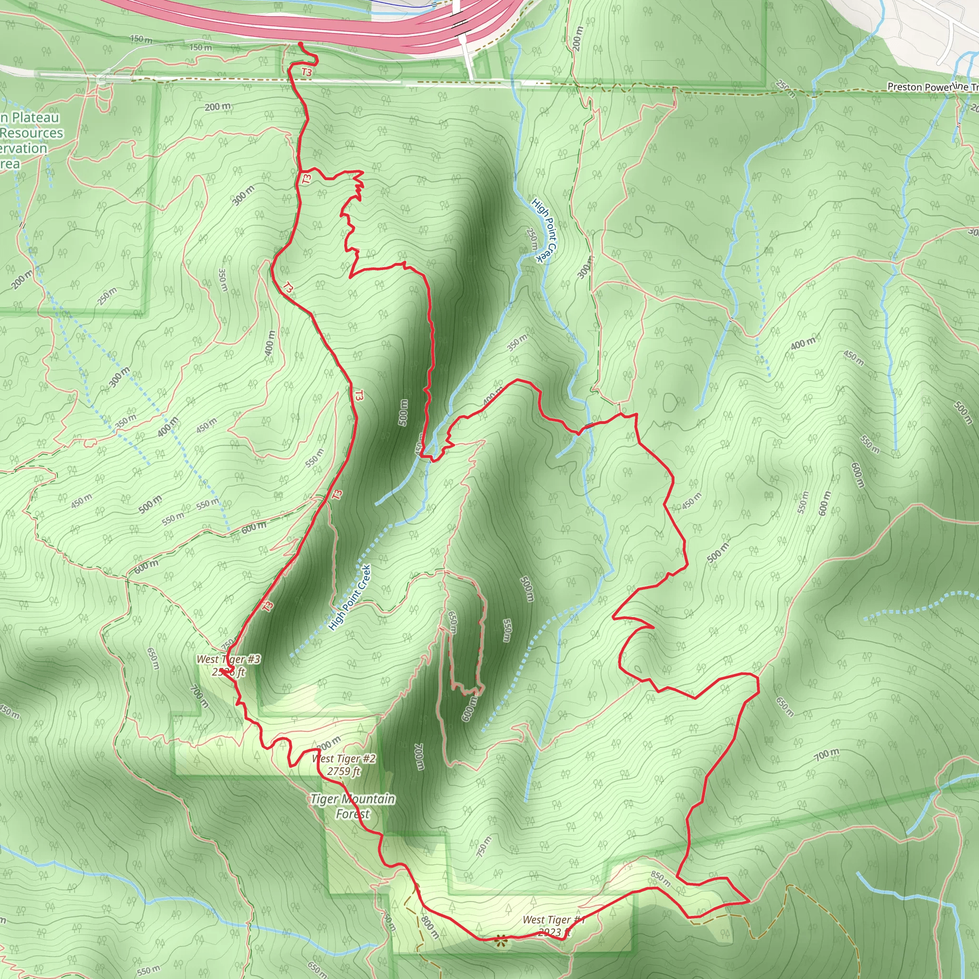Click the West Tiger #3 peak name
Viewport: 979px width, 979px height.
pyautogui.click(x=228, y=659)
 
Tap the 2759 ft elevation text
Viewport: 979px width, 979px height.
pyautogui.click(x=344, y=771)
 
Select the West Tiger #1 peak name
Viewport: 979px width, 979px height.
pyautogui.click(x=554, y=920)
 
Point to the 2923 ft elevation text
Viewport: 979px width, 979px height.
pyautogui.click(x=554, y=932)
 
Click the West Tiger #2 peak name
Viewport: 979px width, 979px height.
pyautogui.click(x=344, y=759)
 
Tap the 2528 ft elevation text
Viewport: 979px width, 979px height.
pyautogui.click(x=228, y=672)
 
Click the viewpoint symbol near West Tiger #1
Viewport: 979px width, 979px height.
pyautogui.click(x=500, y=942)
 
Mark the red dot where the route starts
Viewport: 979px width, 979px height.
pyautogui.click(x=301, y=44)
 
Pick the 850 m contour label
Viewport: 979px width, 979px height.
pyautogui.click(x=661, y=879)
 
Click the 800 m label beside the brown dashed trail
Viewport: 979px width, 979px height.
pyautogui.click(x=429, y=927)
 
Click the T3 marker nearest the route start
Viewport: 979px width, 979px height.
pyautogui.click(x=306, y=72)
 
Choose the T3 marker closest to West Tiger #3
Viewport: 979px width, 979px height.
pyautogui.click(x=268, y=606)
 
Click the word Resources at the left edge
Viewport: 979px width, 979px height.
pyautogui.click(x=32, y=133)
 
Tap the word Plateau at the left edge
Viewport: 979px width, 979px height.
pyautogui.click(x=35, y=118)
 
